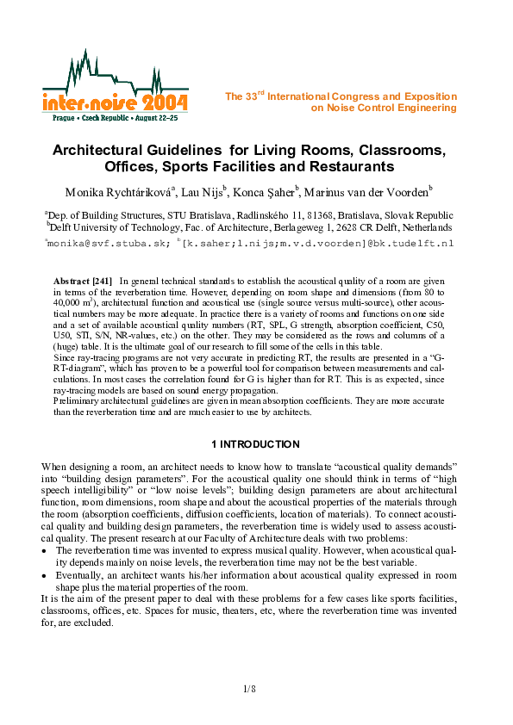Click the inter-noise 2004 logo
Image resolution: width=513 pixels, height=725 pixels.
coord(115,83)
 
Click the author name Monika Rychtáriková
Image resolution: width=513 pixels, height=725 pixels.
coord(118,191)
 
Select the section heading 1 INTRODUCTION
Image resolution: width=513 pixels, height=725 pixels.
coord(256,444)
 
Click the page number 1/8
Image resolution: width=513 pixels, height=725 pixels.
coord(250,690)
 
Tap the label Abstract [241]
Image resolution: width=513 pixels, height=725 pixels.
coord(83,282)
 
